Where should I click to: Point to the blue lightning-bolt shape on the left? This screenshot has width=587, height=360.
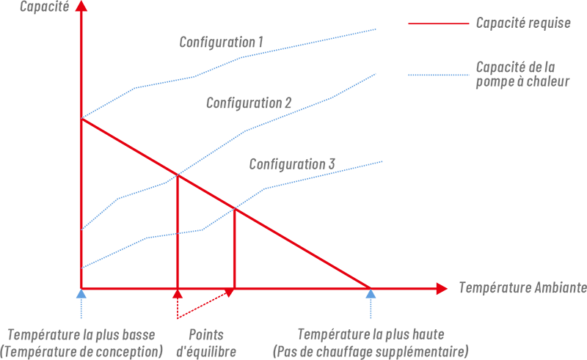[x=110, y=213]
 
